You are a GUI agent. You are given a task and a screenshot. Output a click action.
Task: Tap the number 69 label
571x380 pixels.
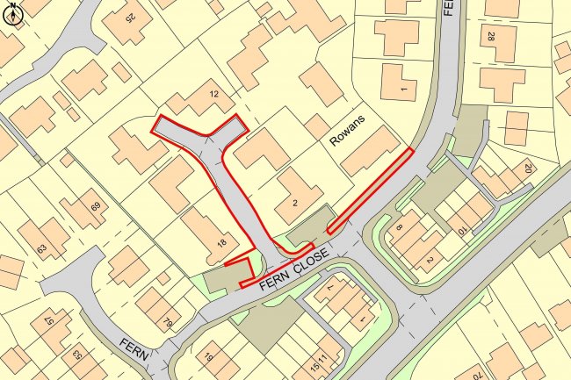pos(94,208)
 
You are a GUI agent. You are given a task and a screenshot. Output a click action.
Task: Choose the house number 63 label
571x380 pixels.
pos(40,249)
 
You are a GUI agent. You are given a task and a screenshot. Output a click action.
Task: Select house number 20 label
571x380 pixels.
pos(528,168)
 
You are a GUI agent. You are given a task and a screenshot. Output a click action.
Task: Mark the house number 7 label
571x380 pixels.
pos(330,286)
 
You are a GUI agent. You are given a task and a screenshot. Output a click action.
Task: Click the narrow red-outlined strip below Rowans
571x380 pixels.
pos(370,190)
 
